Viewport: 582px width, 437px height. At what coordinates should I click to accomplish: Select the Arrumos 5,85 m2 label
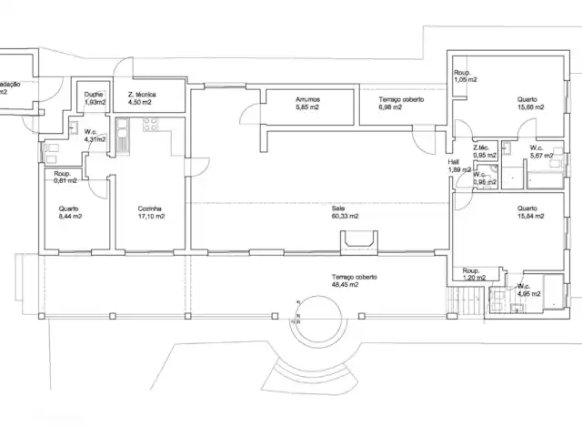point(308,104)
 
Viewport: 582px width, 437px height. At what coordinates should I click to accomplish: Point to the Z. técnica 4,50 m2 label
point(142,98)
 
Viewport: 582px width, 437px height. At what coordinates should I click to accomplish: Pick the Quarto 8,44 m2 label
point(70,212)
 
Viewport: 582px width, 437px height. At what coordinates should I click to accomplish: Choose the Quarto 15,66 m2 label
point(530,104)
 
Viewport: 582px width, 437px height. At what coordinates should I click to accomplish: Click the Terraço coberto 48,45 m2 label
point(355,280)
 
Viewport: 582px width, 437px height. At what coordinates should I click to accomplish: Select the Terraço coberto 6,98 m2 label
point(396,104)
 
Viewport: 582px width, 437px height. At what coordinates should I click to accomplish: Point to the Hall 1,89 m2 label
point(454,166)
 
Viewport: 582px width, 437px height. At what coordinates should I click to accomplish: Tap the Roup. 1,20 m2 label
point(472,274)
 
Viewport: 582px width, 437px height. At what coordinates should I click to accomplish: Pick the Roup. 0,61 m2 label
point(63,177)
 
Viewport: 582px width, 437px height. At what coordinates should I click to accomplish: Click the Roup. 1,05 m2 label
point(466,76)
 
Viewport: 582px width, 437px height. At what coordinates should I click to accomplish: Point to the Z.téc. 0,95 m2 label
point(483,150)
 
